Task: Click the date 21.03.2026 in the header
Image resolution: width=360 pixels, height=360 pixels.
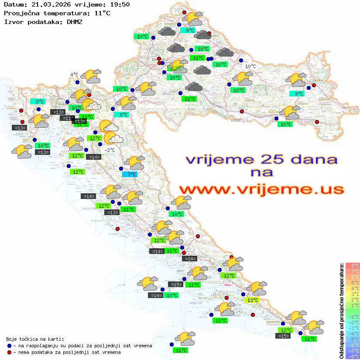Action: (48, 5)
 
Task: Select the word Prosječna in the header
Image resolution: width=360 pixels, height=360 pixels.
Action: (21, 13)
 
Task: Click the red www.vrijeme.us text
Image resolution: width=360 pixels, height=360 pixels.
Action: (261, 189)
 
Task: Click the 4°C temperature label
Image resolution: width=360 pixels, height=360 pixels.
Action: (74, 75)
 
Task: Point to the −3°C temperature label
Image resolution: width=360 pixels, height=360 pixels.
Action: (110, 150)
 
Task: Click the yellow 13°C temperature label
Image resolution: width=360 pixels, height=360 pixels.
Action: (252, 300)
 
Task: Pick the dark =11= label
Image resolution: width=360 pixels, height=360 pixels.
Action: (66, 118)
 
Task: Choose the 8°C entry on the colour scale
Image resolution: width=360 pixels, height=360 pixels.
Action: (352, 266)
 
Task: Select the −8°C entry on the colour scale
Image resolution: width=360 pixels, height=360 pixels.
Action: (352, 356)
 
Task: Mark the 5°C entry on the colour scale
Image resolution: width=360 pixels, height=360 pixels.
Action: (352, 283)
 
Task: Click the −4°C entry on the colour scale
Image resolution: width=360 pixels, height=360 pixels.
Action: (352, 333)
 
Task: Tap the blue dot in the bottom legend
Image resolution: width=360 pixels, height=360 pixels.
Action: (9, 346)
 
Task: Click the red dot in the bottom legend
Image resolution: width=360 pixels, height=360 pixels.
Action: (9, 352)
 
